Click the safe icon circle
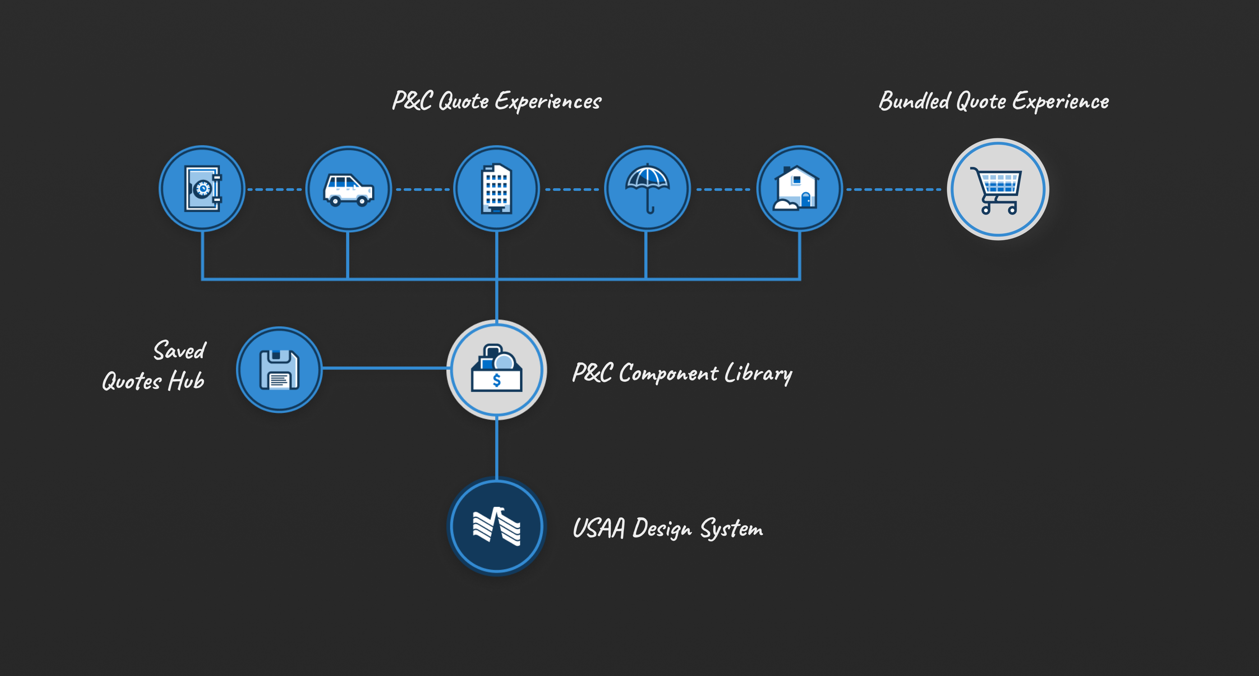pyautogui.click(x=202, y=189)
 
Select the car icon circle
pyautogui.click(x=349, y=189)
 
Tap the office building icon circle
pyautogui.click(x=497, y=189)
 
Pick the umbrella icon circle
pyautogui.click(x=648, y=189)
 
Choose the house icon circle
pyautogui.click(x=799, y=189)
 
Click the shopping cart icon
pyautogui.click(x=998, y=190)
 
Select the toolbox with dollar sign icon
pyautogui.click(x=497, y=370)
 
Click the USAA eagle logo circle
pyautogui.click(x=497, y=526)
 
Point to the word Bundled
pyautogui.click(x=914, y=101)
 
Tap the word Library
pyautogui.click(x=758, y=374)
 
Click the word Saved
pyautogui.click(x=180, y=351)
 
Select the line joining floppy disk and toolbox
pyautogui.click(x=385, y=368)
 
